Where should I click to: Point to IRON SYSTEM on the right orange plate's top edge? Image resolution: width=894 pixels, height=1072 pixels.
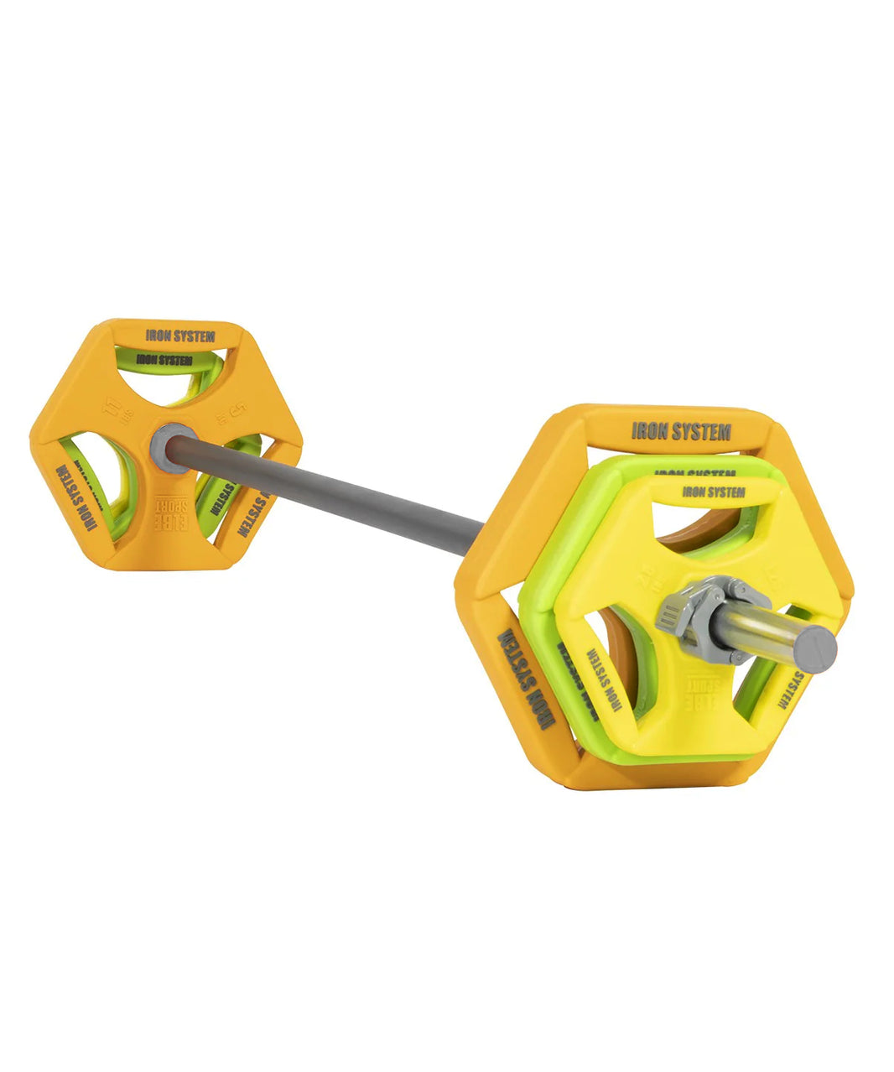(x=681, y=431)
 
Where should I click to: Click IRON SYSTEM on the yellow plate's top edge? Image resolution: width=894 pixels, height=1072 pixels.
(x=713, y=492)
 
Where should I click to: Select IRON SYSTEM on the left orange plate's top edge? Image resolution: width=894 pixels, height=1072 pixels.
(x=179, y=336)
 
